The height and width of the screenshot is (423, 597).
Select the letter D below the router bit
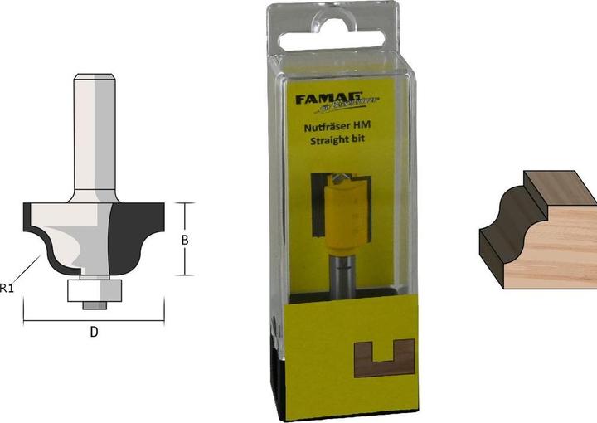(x=94, y=332)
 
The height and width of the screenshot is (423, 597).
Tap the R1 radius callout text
(x=7, y=288)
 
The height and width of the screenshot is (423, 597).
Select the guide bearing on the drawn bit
(x=94, y=288)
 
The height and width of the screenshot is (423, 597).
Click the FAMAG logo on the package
(x=324, y=99)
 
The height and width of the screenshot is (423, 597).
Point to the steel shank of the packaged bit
(x=341, y=273)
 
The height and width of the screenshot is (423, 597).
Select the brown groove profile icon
(x=383, y=357)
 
